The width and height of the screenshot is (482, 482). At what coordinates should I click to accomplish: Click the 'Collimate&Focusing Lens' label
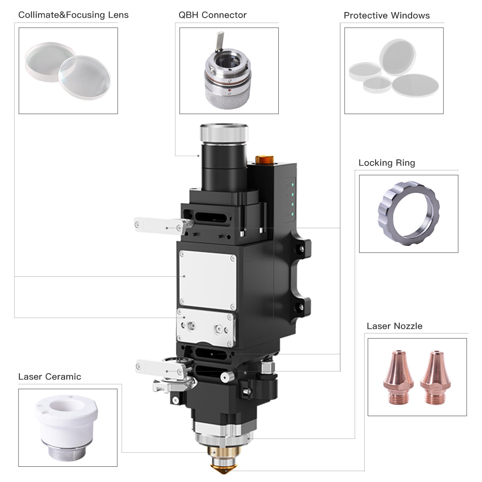(73, 15)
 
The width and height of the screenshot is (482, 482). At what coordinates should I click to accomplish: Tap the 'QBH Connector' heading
(212, 15)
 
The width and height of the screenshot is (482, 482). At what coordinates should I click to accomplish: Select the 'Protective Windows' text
(386, 16)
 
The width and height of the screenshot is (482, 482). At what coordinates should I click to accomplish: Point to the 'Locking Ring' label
(386, 163)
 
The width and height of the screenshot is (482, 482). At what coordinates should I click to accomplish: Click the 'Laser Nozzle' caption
(394, 326)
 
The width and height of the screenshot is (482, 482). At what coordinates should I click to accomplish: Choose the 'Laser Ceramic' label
(49, 377)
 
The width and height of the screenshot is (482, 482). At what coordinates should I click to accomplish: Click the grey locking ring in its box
(408, 213)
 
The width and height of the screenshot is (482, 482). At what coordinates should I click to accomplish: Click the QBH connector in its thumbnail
(228, 72)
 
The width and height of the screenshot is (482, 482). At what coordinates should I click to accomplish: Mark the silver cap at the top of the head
(224, 133)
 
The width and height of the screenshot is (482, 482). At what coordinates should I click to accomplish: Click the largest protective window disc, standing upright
(397, 57)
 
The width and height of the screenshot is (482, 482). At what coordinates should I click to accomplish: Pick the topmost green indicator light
(293, 185)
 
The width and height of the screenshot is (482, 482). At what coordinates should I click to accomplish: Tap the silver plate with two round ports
(206, 327)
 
